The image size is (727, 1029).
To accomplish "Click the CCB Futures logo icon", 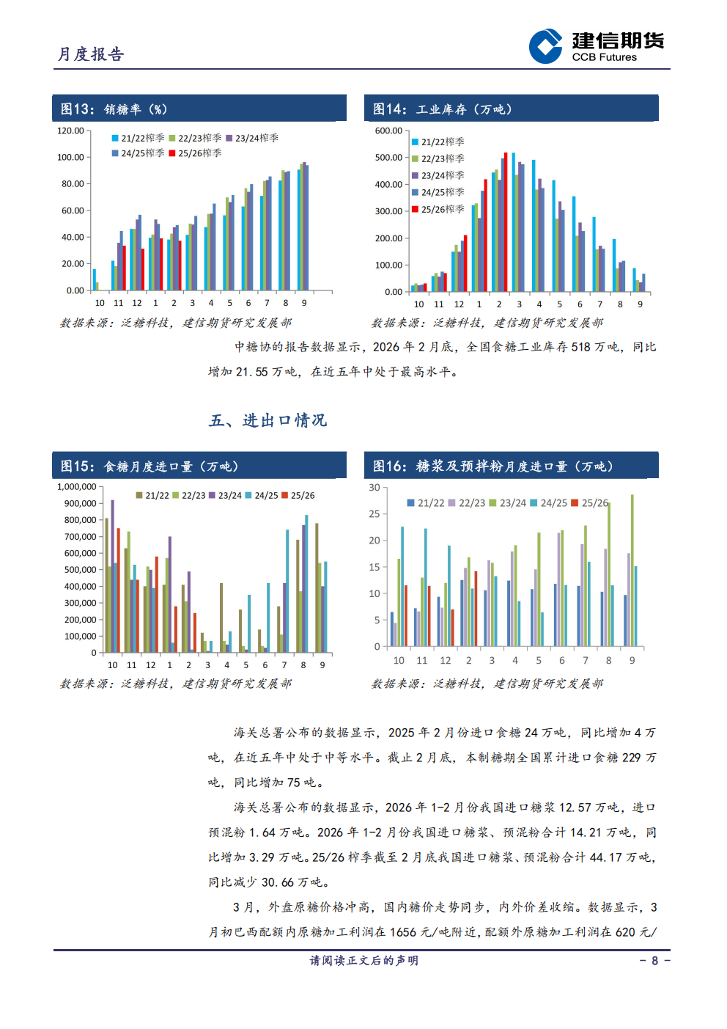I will click(545, 46).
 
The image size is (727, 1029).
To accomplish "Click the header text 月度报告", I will click(91, 54).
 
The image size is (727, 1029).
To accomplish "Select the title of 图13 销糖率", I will click(114, 109).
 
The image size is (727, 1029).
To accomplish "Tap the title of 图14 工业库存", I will click(442, 109).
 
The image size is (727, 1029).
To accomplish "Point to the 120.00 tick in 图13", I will click(71, 131).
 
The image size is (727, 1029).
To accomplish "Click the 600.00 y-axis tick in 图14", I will click(388, 131).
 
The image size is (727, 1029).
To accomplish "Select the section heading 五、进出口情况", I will click(267, 420).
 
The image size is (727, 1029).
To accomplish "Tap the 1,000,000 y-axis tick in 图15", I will click(77, 487).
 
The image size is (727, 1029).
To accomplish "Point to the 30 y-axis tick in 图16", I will click(374, 488).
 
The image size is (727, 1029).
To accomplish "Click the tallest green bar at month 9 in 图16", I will click(632, 570).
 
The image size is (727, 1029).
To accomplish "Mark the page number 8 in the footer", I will click(654, 961).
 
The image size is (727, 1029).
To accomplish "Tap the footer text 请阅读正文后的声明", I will click(363, 961).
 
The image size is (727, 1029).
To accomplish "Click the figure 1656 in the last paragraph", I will click(403, 932).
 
